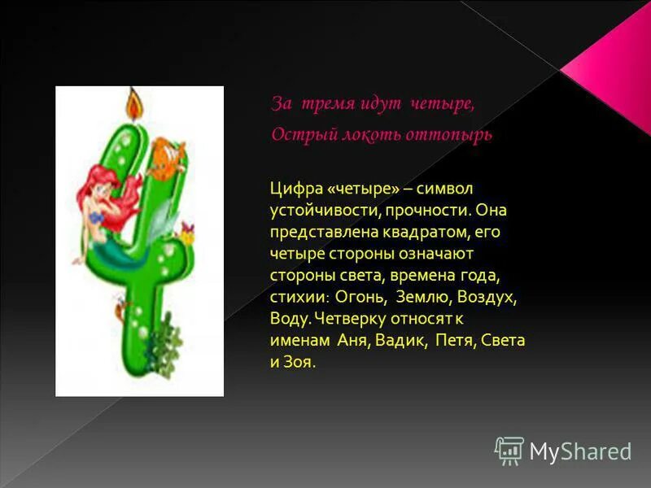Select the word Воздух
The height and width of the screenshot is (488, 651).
pyautogui.click(x=487, y=297)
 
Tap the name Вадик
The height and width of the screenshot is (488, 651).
pyautogui.click(x=400, y=340)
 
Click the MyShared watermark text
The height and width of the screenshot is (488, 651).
pyautogui.click(x=580, y=451)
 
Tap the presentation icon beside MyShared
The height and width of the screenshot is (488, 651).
pyautogui.click(x=509, y=450)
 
